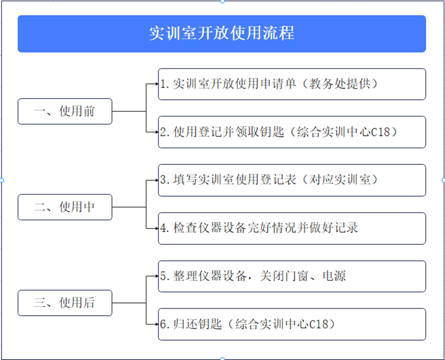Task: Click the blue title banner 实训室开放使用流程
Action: click(222, 34)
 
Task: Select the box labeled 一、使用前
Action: click(65, 111)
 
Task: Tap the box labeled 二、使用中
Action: click(65, 207)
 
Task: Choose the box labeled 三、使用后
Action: click(65, 303)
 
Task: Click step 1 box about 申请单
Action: click(292, 84)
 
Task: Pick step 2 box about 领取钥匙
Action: click(292, 132)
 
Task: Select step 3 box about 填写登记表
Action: click(292, 180)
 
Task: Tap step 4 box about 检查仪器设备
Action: click(292, 228)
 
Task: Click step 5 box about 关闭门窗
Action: click(292, 276)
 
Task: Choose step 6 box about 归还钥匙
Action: click(292, 324)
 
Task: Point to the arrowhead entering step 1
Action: click(157, 84)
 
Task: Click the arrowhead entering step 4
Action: click(157, 228)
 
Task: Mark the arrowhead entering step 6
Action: click(157, 324)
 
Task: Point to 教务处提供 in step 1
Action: click(340, 84)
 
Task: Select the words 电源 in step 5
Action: click(334, 276)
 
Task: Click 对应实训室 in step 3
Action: click(340, 180)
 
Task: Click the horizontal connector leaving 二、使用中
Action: click(129, 207)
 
